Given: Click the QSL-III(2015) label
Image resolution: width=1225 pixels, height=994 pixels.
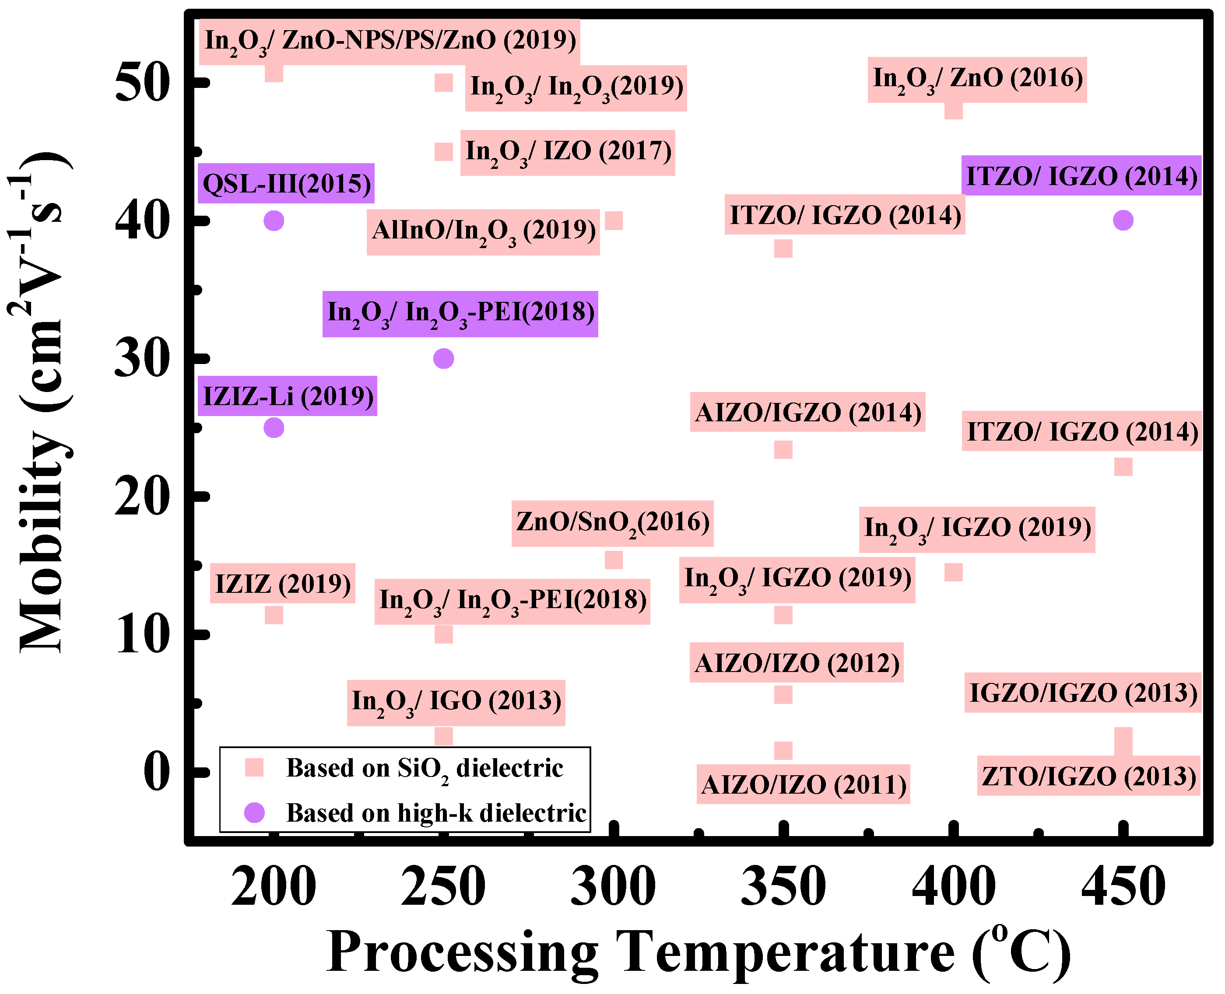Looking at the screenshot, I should click(286, 184).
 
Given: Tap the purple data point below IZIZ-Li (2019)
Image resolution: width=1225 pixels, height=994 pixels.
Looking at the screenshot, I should click(274, 428).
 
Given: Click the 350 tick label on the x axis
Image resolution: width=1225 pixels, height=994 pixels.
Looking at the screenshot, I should click(783, 887).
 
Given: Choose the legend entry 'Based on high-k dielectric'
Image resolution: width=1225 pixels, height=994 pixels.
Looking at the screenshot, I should click(435, 812).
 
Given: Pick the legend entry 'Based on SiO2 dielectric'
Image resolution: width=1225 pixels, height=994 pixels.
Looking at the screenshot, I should click(424, 768).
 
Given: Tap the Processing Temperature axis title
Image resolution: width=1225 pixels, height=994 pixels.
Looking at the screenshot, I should click(698, 953).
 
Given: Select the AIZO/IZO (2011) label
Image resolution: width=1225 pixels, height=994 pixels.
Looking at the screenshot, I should click(803, 784).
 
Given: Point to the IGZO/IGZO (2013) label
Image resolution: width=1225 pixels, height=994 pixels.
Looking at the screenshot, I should click(1082, 693).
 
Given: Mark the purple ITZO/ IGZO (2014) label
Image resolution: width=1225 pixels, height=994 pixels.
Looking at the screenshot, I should click(1081, 176).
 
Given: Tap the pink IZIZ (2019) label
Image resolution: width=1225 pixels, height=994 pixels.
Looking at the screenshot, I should click(282, 584).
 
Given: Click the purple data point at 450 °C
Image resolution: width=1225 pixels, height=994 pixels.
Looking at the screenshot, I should click(1123, 220).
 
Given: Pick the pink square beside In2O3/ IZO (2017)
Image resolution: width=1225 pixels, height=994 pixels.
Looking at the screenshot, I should click(443, 152).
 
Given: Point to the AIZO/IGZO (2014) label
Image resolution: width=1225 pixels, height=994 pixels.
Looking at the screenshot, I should click(807, 412).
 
